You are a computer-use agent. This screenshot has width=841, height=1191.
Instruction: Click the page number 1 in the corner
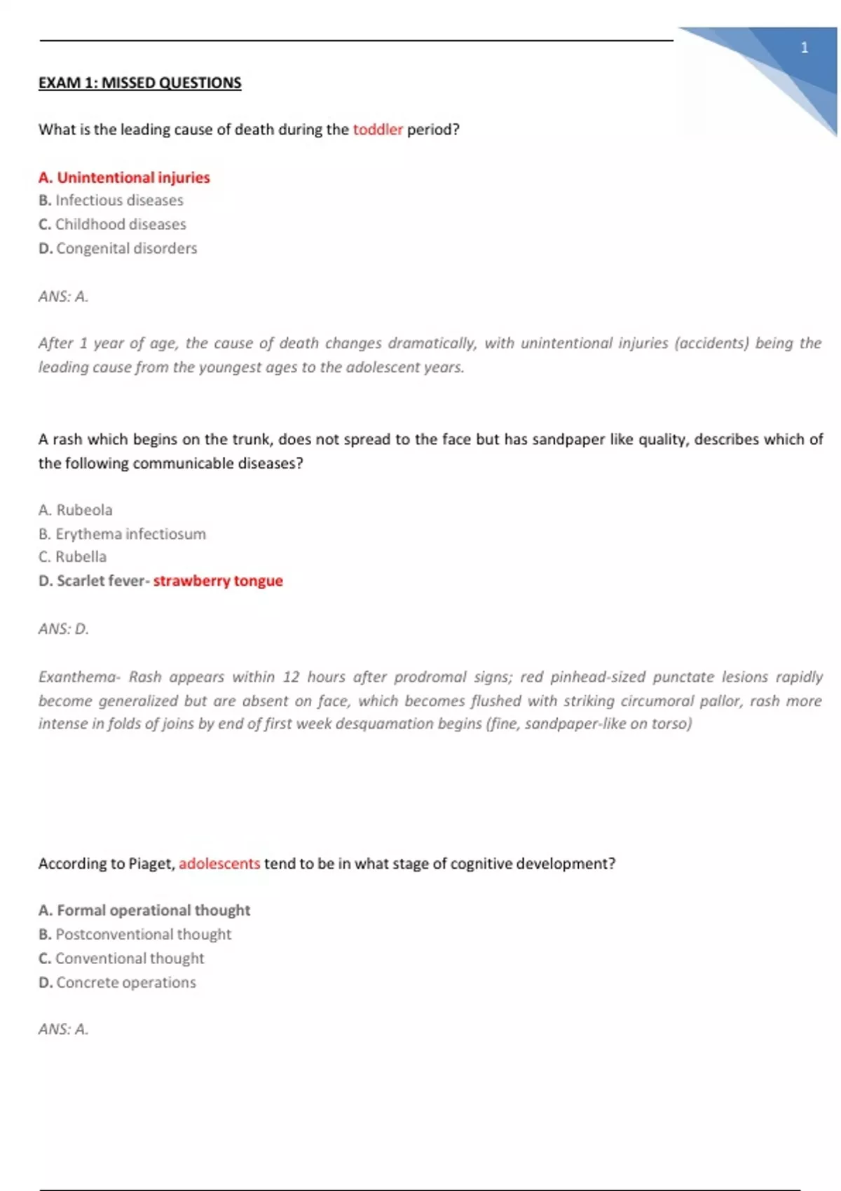(804, 48)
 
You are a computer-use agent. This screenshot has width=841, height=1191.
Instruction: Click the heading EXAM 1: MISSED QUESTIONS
(139, 83)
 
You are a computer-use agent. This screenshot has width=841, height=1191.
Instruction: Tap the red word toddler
(378, 130)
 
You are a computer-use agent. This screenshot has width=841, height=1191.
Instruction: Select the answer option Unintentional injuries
(125, 177)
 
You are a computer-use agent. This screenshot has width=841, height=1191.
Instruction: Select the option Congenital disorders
(118, 248)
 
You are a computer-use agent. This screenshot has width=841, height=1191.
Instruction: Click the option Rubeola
(76, 510)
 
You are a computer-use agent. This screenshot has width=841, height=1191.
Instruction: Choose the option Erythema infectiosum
(123, 534)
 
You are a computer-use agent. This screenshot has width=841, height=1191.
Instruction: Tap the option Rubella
(74, 557)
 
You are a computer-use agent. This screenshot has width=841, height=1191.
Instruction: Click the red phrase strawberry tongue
(218, 581)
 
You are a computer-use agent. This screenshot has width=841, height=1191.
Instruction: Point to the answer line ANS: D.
(64, 628)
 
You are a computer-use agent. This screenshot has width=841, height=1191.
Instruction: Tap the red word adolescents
(219, 863)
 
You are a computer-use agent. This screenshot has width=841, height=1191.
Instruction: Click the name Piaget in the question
(151, 863)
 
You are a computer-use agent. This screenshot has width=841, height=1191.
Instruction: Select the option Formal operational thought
(145, 910)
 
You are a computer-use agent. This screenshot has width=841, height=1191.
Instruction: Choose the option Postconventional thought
(136, 934)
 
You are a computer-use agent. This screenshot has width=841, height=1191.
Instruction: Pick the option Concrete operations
(118, 982)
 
